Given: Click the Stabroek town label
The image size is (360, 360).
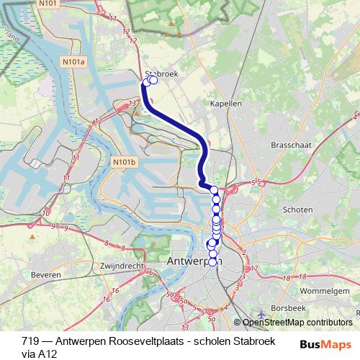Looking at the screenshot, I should [161, 73].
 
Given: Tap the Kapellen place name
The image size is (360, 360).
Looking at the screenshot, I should [225, 104].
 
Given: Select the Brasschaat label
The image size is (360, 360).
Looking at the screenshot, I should [291, 145].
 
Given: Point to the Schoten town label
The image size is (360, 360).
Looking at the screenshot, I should [298, 210].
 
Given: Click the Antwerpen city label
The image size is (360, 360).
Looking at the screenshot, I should [194, 260].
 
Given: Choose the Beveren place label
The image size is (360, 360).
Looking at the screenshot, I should [45, 275].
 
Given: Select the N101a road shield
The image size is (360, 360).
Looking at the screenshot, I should [73, 63].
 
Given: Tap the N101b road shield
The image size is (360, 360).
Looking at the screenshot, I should [124, 163].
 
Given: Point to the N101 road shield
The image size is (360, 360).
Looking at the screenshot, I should [48, 4].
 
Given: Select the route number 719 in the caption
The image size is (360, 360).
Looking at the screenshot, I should [30, 341].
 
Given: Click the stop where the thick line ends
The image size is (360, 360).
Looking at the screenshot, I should [214, 189].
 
